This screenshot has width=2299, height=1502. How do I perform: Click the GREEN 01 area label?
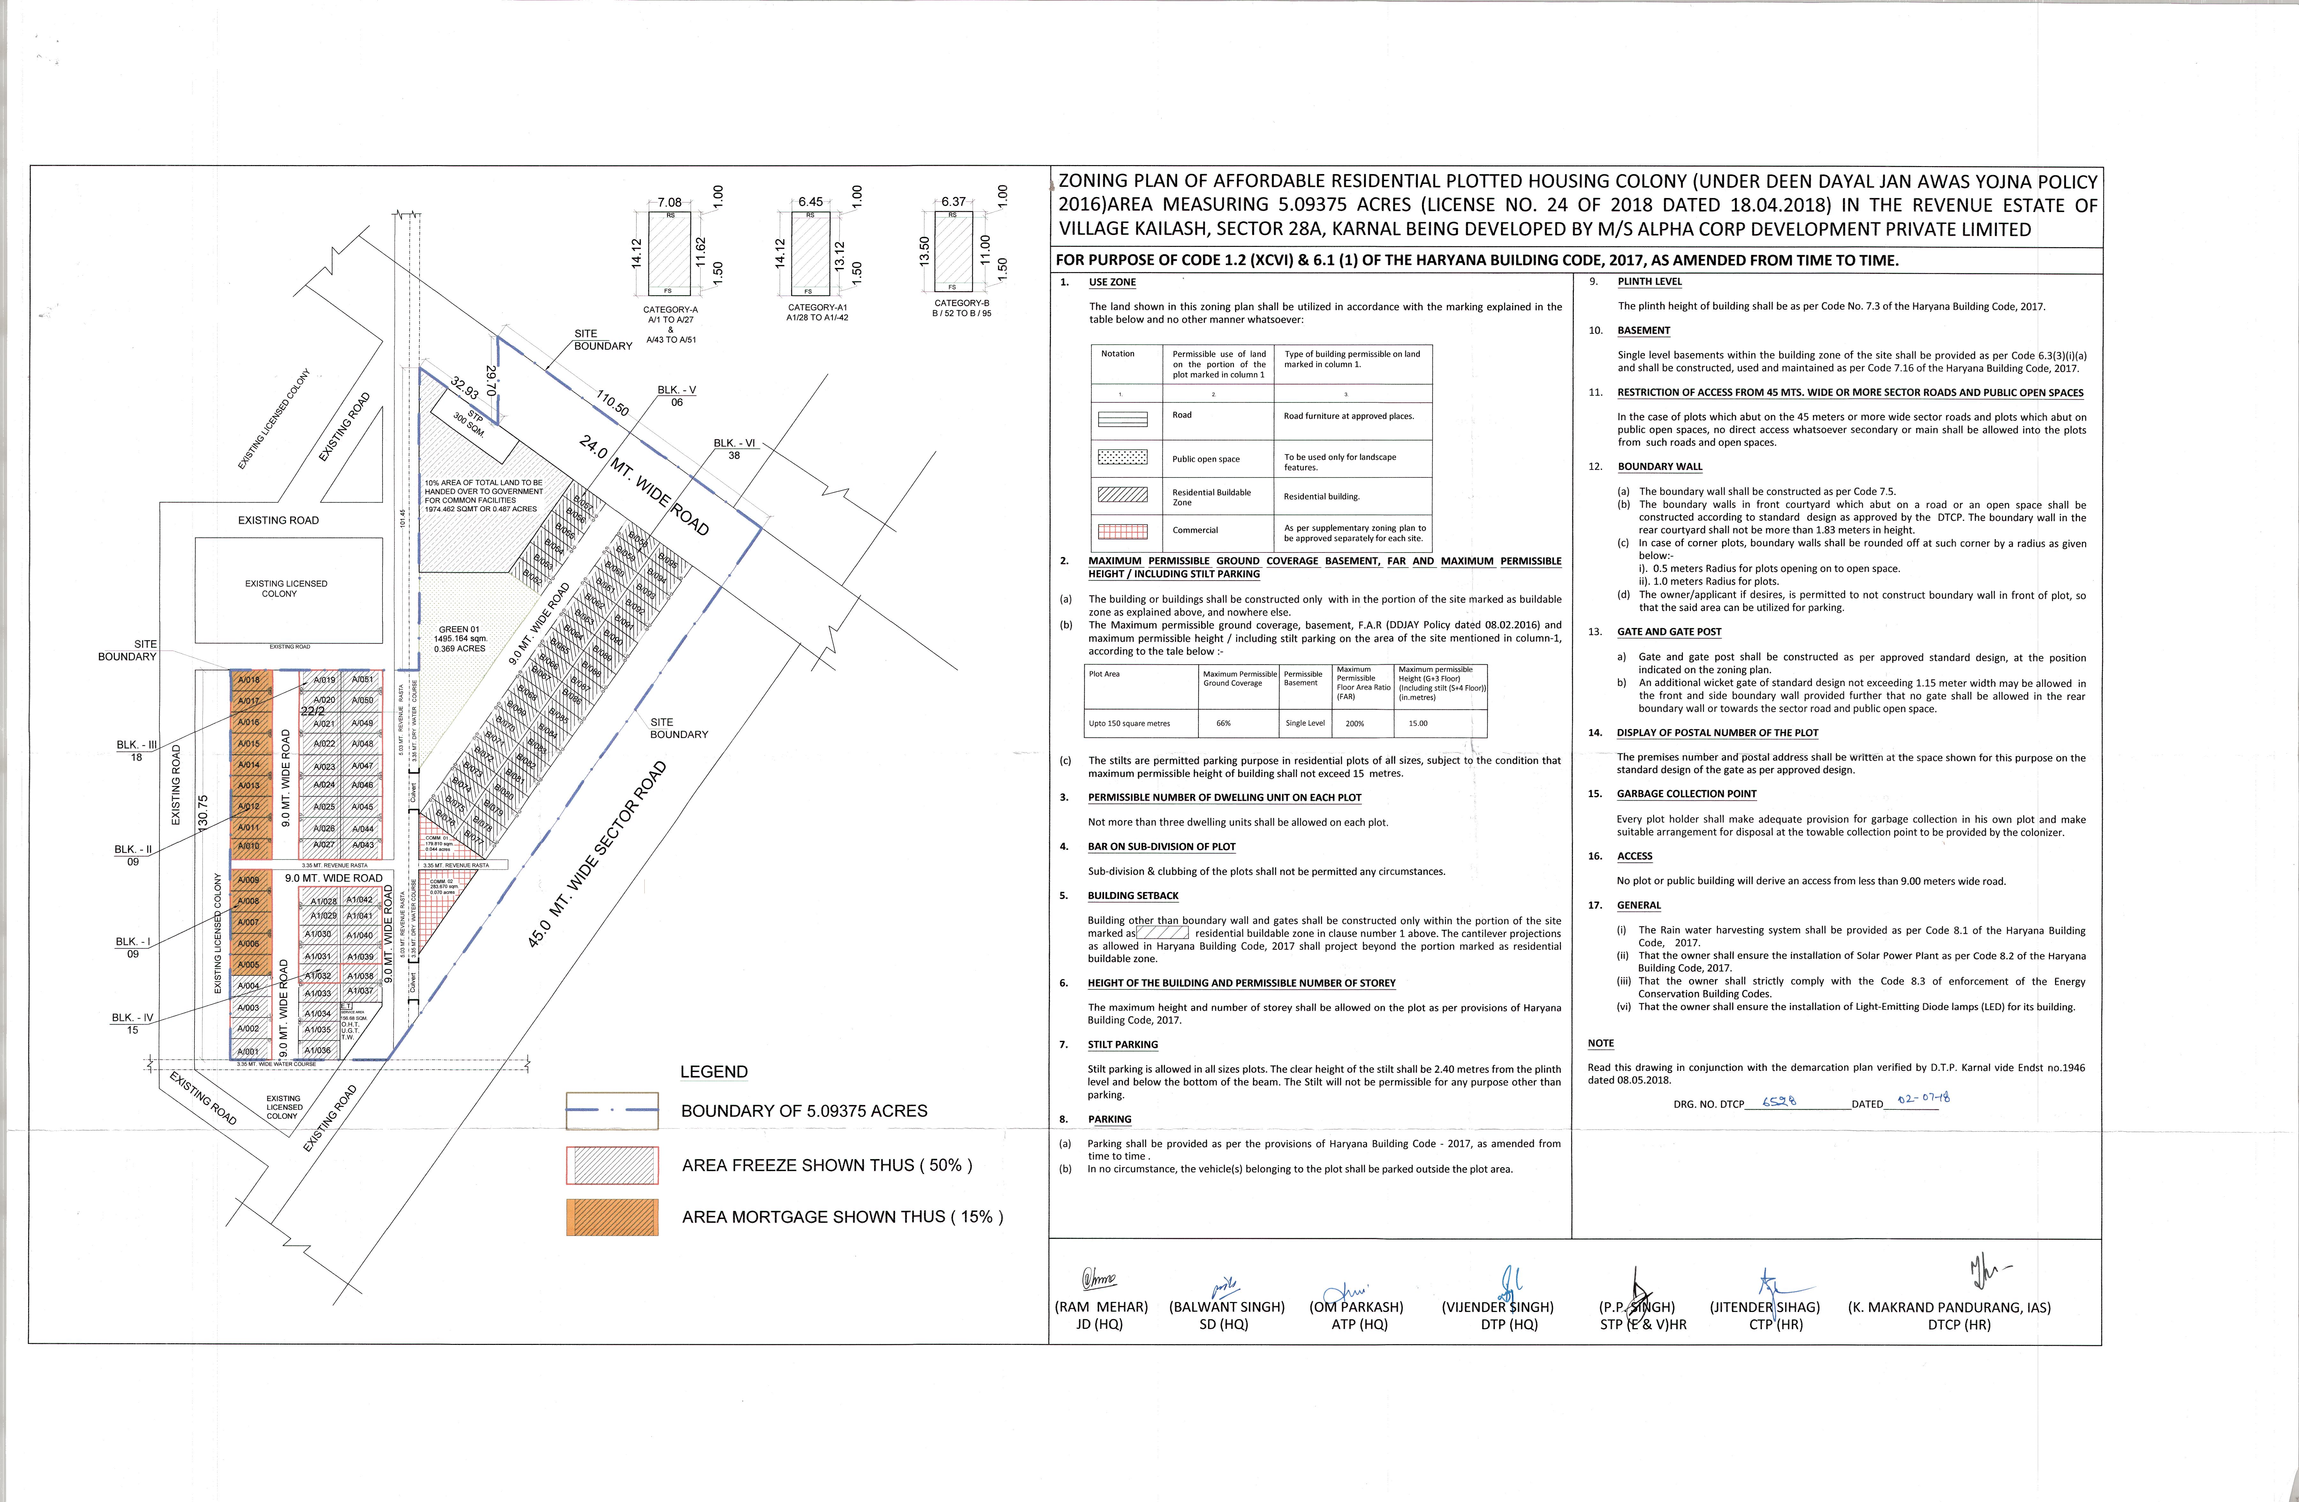pyautogui.click(x=460, y=638)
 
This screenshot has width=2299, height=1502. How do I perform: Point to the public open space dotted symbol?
pyautogui.click(x=1122, y=457)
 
